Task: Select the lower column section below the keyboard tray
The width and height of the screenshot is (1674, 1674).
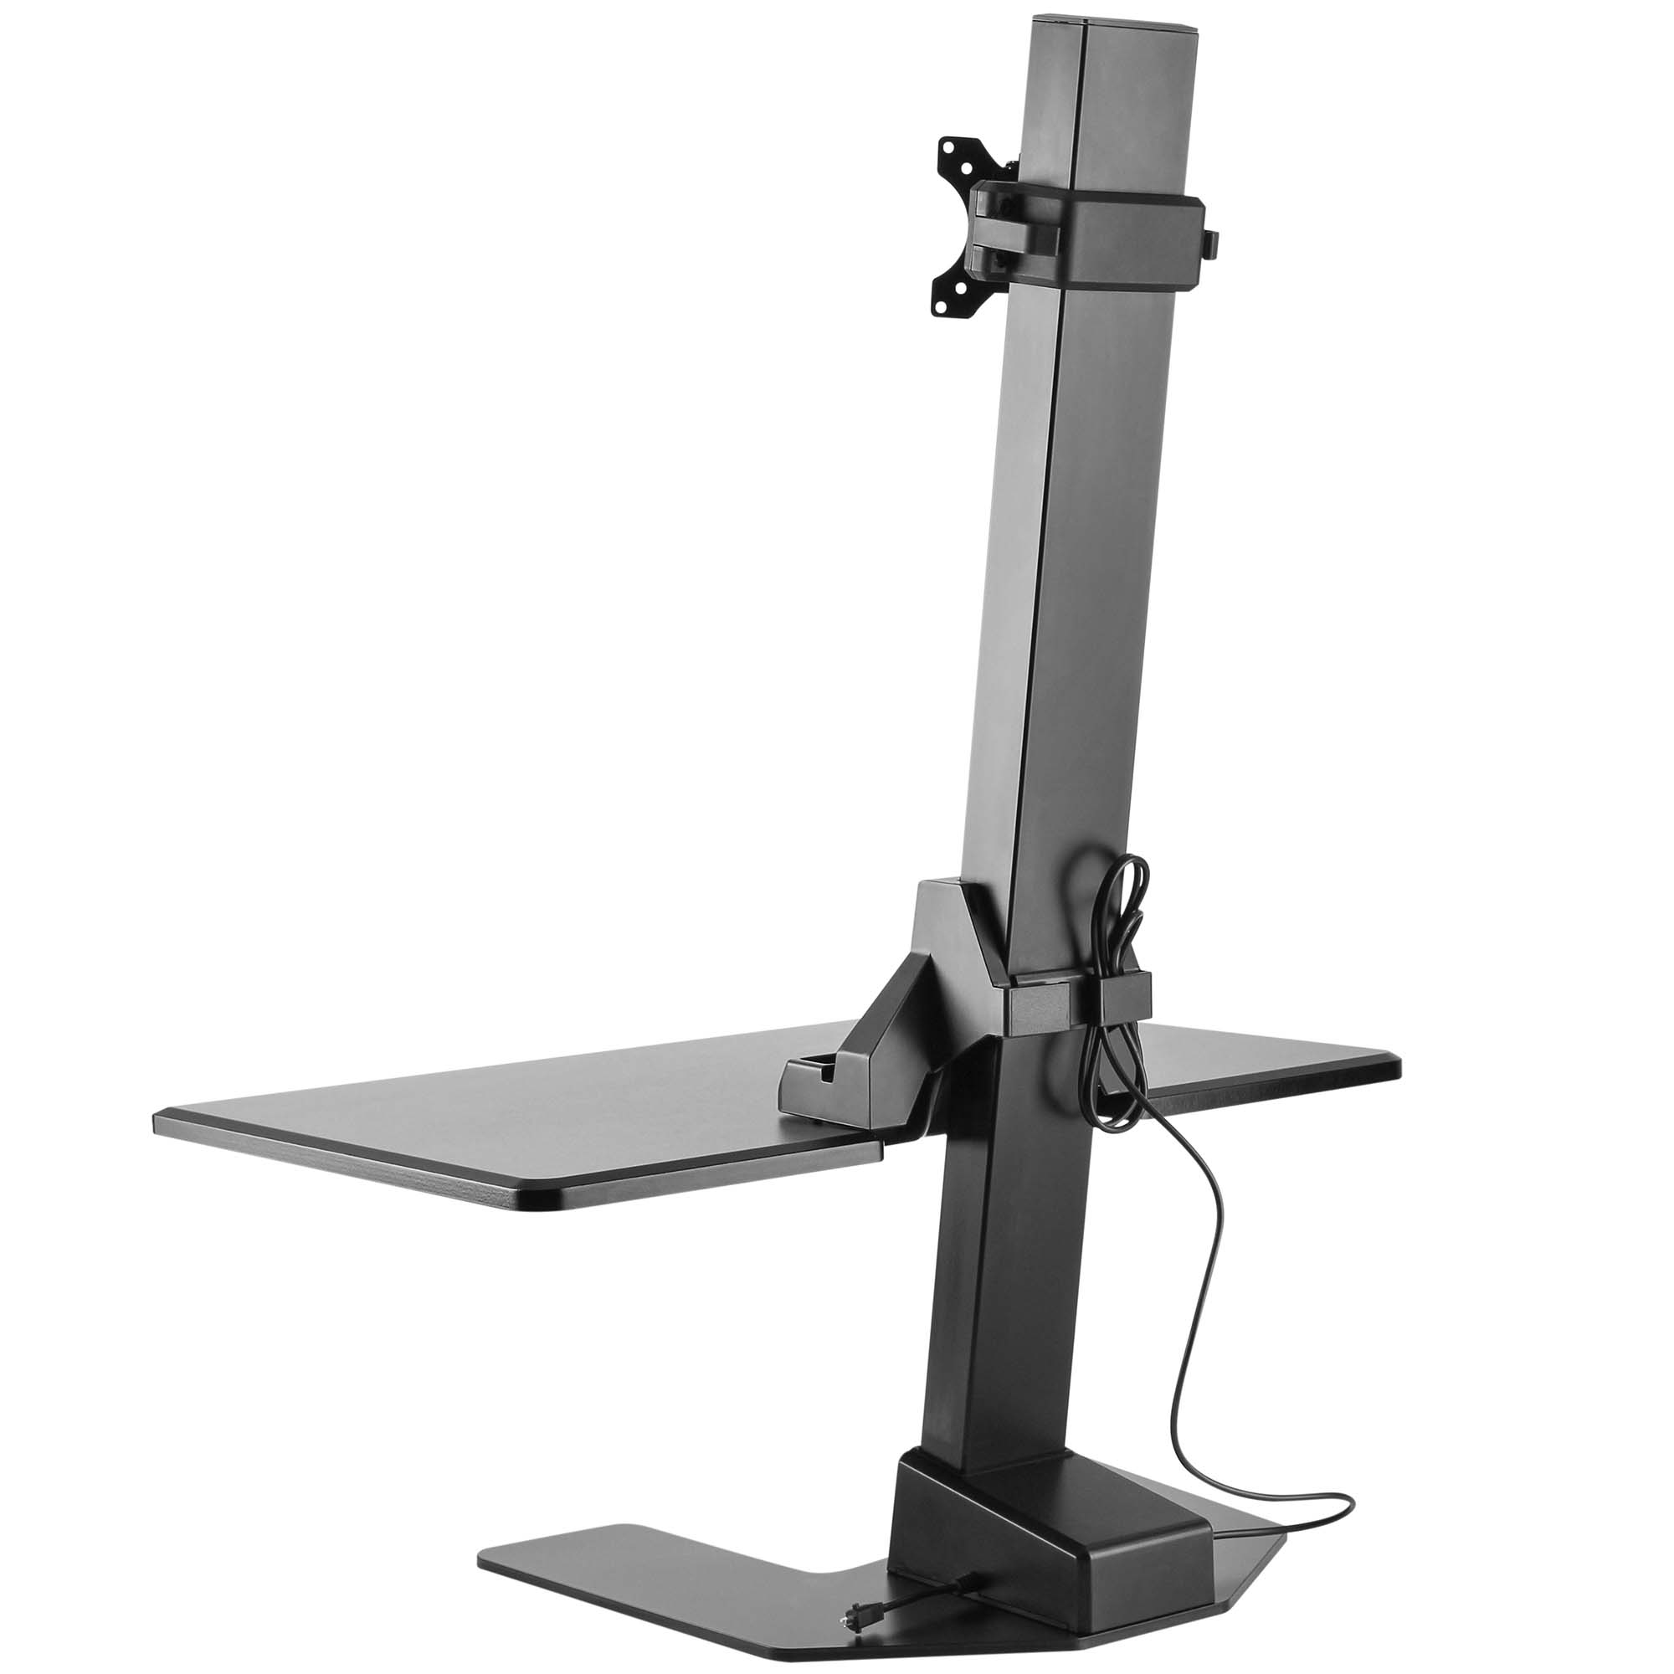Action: click(x=996, y=1300)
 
